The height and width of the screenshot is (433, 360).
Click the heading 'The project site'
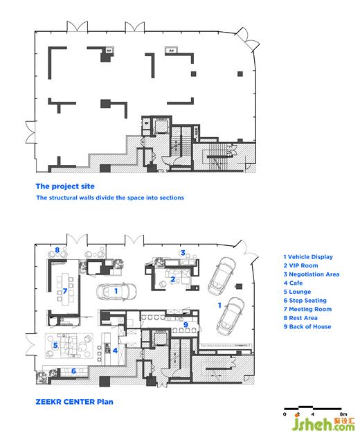point(65,186)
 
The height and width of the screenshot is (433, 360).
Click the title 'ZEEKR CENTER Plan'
point(74,402)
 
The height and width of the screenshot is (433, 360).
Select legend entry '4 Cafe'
point(293,283)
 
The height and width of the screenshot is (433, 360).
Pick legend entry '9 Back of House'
point(307,327)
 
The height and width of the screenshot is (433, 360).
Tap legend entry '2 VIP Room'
point(300,265)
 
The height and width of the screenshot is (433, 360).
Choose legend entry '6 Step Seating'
point(305,301)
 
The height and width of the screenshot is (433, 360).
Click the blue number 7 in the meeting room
point(65,291)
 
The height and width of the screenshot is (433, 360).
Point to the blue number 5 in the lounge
point(55,345)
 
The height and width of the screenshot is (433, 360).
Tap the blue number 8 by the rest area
point(57,250)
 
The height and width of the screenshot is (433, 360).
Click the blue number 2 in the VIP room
point(172,279)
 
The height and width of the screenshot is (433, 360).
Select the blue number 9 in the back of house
point(186,325)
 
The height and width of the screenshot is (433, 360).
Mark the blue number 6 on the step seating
point(73,371)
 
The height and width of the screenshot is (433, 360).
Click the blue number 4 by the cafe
point(115,351)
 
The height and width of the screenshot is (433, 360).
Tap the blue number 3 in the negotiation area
point(183,253)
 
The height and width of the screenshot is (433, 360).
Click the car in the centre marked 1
point(116,292)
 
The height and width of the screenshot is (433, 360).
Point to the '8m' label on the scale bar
point(343,414)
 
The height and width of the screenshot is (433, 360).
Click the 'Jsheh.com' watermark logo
point(323,424)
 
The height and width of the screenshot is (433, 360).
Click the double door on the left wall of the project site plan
point(30,132)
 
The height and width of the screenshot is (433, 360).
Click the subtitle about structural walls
point(110,197)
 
